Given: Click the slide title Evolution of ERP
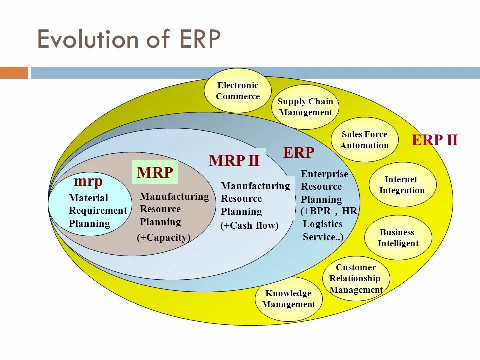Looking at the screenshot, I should pyautogui.click(x=129, y=39).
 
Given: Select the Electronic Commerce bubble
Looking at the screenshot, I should pyautogui.click(x=238, y=91).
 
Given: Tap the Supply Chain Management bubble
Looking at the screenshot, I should pyautogui.click(x=305, y=107).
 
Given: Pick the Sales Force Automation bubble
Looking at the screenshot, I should pyautogui.click(x=364, y=140).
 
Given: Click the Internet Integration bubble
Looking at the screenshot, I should pyautogui.click(x=402, y=185).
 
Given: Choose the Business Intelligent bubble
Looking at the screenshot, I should pyautogui.click(x=398, y=238).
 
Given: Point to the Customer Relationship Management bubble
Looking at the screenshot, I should pyautogui.click(x=356, y=279).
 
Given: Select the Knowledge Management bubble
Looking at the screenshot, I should pyautogui.click(x=288, y=299).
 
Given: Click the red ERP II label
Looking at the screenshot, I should pyautogui.click(x=434, y=140).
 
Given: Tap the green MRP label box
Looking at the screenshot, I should pyautogui.click(x=155, y=173).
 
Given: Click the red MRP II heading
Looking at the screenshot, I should pyautogui.click(x=234, y=161).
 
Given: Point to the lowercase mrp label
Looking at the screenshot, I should pyautogui.click(x=88, y=181).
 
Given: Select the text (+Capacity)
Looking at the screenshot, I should pyautogui.click(x=164, y=238).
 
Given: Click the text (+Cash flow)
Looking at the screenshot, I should pyautogui.click(x=249, y=226).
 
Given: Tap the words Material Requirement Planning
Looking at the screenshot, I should pyautogui.click(x=97, y=211).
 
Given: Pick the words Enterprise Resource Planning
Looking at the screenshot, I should pyautogui.click(x=324, y=187).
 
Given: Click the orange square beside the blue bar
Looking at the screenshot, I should pyautogui.click(x=14, y=73).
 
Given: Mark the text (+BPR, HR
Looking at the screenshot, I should pyautogui.click(x=329, y=211).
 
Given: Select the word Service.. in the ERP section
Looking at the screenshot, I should pyautogui.click(x=323, y=237).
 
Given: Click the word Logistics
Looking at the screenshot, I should pyautogui.click(x=323, y=224).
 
